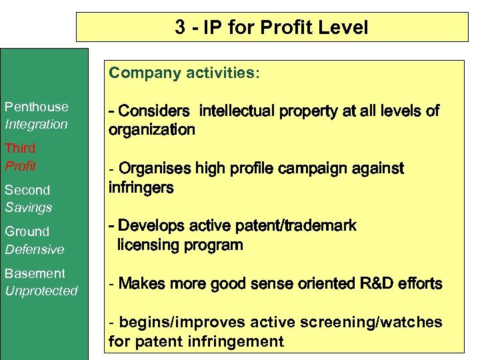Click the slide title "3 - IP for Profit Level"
tap(271, 27)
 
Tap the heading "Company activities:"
tap(185, 73)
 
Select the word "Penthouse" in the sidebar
tap(37, 107)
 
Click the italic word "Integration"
tap(37, 124)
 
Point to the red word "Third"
tap(20, 148)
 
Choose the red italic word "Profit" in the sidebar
tap(21, 165)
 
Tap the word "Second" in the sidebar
tap(27, 190)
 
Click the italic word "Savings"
tap(29, 207)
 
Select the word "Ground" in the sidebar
tap(27, 231)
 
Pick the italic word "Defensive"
tap(35, 249)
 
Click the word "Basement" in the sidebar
tap(35, 273)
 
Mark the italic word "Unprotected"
tap(41, 291)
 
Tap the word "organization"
tap(152, 129)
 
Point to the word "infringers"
tap(141, 187)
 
